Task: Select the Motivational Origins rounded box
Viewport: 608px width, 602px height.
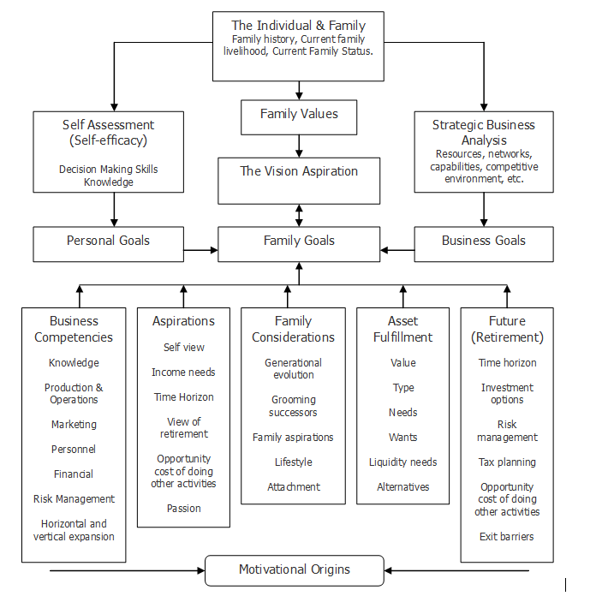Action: coord(295,570)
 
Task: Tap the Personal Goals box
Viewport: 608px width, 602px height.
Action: coord(108,243)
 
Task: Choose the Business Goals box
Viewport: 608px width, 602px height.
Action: coord(483,243)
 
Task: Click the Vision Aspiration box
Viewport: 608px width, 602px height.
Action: coord(299,180)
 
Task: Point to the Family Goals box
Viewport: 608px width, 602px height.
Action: coord(299,243)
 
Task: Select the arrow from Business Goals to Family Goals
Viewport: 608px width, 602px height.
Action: coord(397,250)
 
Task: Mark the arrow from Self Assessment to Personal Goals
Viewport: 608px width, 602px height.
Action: coord(114,209)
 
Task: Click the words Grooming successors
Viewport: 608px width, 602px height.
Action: coord(293,406)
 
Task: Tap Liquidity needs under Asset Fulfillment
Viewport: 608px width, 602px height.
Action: coord(402,462)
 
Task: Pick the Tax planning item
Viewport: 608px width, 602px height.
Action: coord(507,462)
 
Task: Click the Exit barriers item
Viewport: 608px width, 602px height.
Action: coord(506,537)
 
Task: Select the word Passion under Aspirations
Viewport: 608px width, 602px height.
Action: coord(183,509)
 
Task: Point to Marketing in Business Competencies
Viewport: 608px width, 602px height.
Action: coord(74,425)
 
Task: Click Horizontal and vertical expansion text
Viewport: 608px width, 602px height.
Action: coord(74,530)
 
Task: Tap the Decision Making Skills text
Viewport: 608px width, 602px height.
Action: coord(109,170)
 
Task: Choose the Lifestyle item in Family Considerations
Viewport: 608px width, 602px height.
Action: coord(293,462)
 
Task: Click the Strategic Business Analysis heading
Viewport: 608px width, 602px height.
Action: coord(483,132)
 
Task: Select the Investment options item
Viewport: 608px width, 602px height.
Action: coord(507,394)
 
